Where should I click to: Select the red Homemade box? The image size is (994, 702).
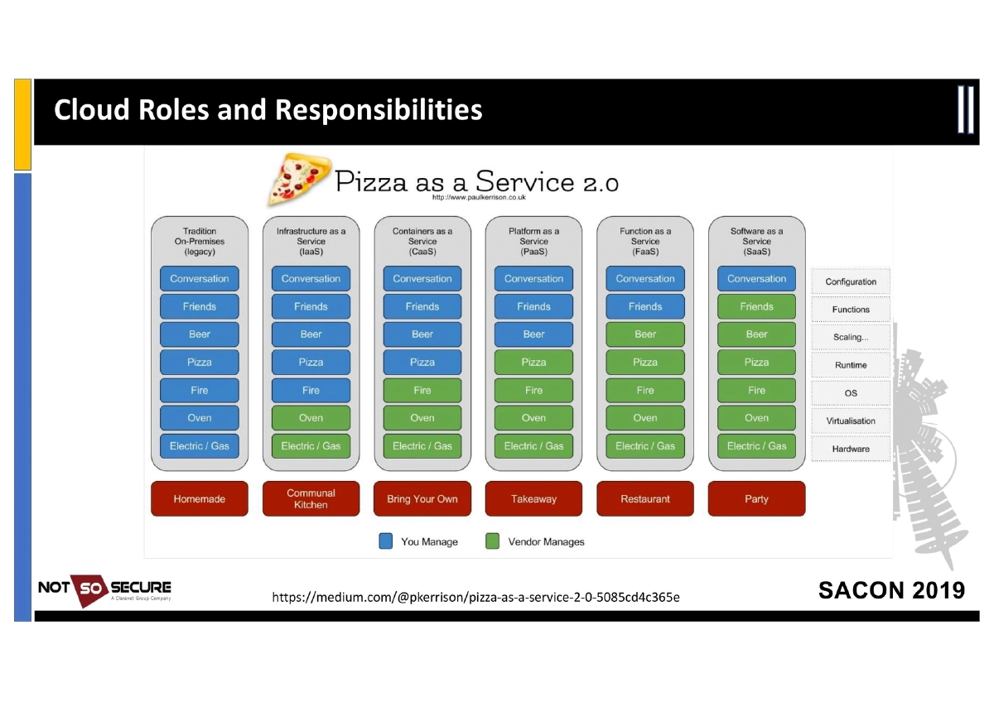coord(199,499)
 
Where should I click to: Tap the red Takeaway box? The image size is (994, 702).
coord(533,499)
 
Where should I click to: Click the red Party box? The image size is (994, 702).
coord(756,499)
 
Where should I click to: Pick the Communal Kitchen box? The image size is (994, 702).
coord(311,499)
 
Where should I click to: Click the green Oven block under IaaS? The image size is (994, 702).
coord(311,418)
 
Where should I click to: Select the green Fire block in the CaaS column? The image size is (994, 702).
coord(422,390)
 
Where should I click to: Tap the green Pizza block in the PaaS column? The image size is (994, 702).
coord(533,362)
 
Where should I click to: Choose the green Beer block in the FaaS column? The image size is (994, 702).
coord(644,334)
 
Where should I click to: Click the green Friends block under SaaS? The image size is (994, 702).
coord(756,306)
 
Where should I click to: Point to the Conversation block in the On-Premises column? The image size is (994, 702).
coord(199,279)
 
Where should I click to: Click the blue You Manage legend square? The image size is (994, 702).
coord(386,541)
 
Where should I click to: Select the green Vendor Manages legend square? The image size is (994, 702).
coord(493,541)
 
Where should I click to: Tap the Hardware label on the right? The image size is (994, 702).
coord(851,449)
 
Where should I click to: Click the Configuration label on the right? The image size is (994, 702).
coord(851,281)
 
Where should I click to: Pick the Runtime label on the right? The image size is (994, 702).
coord(851,365)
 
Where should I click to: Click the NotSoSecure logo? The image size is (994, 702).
coord(104,589)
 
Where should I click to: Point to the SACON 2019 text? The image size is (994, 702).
coord(891,590)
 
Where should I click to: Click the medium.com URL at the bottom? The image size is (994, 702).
coord(475,596)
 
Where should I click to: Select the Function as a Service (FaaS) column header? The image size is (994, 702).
coord(644,241)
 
